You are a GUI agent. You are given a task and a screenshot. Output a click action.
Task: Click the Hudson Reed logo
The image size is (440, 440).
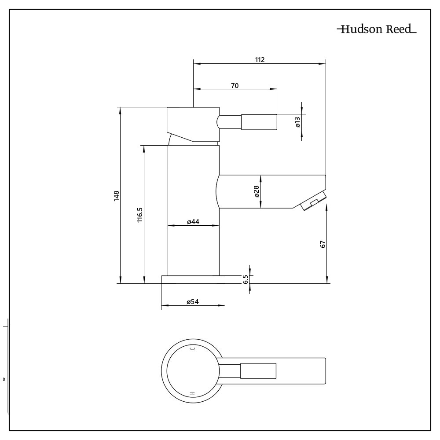(376, 30)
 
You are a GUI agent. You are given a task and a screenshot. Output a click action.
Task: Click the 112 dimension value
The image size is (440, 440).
(259, 60)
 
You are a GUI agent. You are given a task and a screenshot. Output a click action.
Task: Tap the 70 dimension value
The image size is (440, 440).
(235, 85)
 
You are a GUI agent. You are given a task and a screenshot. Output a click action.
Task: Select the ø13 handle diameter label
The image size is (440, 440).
(298, 122)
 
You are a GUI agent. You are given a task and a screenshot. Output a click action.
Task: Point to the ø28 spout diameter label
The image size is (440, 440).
(257, 191)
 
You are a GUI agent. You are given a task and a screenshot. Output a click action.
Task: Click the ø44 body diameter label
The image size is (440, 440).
(193, 222)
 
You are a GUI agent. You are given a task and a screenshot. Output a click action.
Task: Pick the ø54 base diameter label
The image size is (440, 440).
(193, 302)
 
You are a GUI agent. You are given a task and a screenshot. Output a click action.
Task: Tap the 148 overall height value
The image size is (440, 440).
(116, 195)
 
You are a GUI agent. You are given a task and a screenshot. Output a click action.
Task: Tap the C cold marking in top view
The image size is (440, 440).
(191, 349)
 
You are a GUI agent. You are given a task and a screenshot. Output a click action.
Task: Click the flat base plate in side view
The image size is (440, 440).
(193, 279)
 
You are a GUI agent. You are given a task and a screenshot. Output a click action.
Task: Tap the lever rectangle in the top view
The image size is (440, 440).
(258, 370)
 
